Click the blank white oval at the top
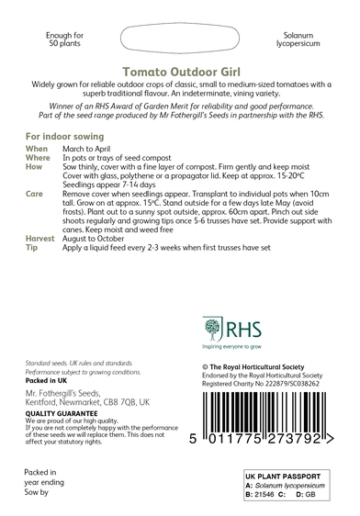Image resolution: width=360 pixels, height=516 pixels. (181, 39)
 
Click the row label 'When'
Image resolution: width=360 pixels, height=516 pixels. (38, 148)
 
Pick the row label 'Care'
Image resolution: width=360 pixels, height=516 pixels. (36, 196)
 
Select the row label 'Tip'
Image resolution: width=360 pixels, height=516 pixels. (32, 248)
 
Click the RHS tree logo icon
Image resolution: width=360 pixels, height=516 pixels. (212, 329)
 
